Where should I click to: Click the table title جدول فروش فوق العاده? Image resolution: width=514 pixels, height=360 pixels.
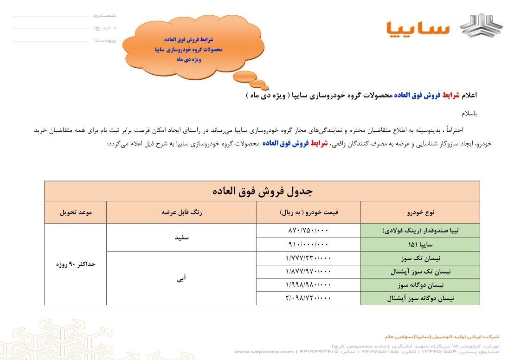(x=262, y=191)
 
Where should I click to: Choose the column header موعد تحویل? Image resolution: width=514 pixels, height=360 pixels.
(x=76, y=212)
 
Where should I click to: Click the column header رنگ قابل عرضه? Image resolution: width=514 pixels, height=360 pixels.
(x=181, y=212)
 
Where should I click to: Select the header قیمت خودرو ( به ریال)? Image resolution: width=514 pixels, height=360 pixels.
(x=308, y=212)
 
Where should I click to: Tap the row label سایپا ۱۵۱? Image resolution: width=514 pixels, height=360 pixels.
(x=420, y=244)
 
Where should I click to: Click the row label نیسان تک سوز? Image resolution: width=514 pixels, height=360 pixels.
(x=420, y=258)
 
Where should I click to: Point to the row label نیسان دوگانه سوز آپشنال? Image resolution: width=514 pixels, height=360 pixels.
(x=420, y=299)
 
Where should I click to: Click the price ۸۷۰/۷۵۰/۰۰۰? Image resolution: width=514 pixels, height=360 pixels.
(x=308, y=231)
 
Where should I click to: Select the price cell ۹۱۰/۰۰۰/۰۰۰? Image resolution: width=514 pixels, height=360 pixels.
(x=308, y=244)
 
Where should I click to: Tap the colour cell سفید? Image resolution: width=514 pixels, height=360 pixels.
(x=181, y=238)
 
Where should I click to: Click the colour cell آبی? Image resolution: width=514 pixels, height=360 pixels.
(x=181, y=278)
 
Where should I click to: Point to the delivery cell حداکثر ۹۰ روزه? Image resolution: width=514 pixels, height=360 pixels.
(x=76, y=264)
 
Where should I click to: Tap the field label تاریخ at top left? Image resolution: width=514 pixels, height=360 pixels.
(x=104, y=28)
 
